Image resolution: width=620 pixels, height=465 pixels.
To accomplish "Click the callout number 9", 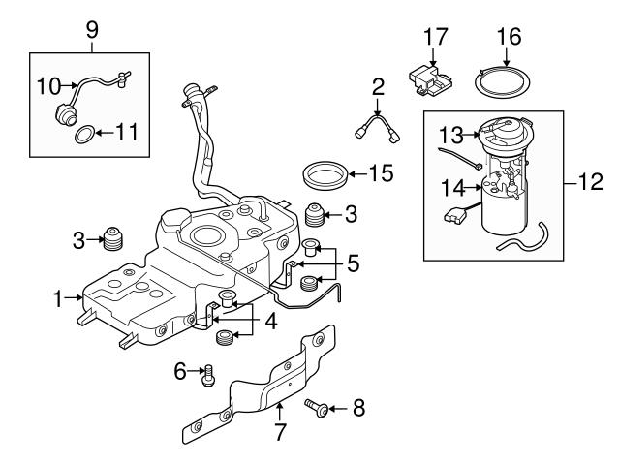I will pos(92,29).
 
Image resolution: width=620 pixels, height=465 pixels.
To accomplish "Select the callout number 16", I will pos(509,38).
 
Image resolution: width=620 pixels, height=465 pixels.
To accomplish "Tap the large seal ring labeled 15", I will pos(325,177).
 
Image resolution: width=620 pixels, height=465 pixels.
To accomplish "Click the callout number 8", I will pos(357,409).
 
